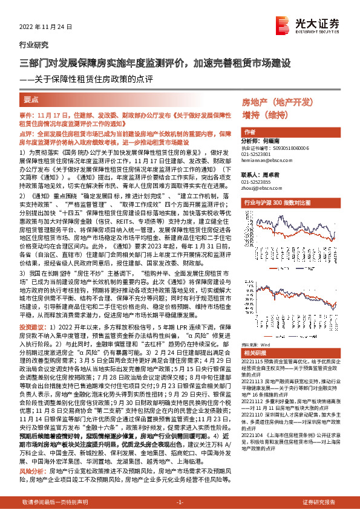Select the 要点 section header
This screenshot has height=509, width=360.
[x=31, y=99]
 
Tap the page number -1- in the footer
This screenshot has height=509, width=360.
[x=180, y=502]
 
